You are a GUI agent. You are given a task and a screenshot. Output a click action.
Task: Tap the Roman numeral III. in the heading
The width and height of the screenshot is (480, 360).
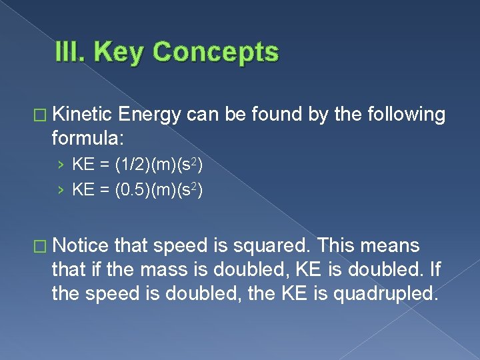click(x=73, y=52)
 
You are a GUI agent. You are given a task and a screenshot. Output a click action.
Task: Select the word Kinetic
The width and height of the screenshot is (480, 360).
click(x=83, y=115)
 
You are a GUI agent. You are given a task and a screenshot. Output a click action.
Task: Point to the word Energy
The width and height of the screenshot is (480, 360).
click(x=151, y=115)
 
